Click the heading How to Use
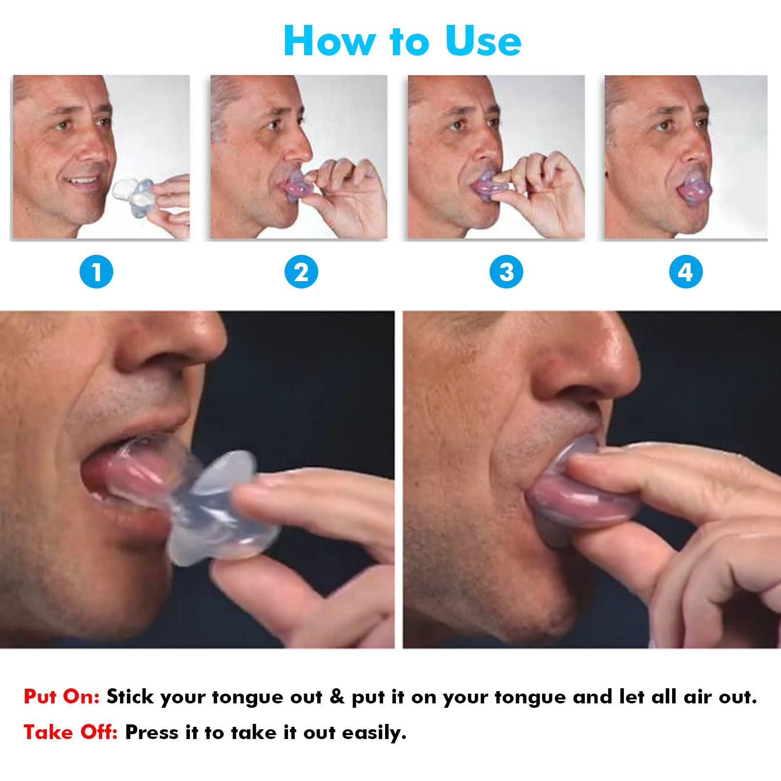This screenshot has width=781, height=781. pyautogui.click(x=402, y=41)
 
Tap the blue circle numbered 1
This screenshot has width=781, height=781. pyautogui.click(x=96, y=272)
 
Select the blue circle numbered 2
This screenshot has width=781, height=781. pyautogui.click(x=301, y=272)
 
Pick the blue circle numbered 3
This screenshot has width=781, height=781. pyautogui.click(x=506, y=272)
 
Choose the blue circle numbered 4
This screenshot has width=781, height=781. pyautogui.click(x=686, y=272)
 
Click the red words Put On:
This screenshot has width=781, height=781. pyautogui.click(x=62, y=698)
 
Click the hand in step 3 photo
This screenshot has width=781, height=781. pyautogui.click(x=547, y=190)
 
